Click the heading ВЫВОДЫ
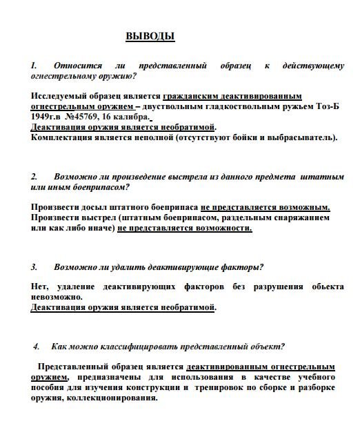pos(150,36)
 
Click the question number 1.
pos(34,66)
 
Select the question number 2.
pos(34,177)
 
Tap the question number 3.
pos(34,267)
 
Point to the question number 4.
pos(37,346)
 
